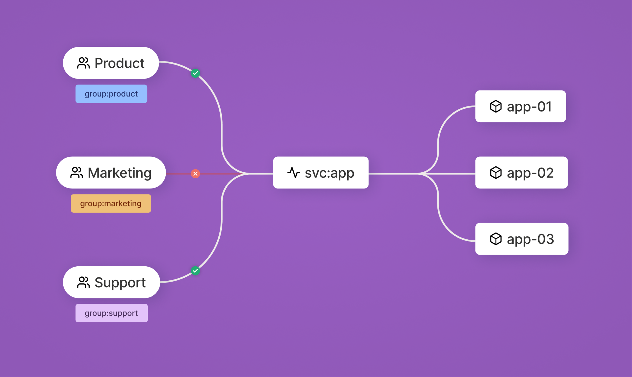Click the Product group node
click(x=111, y=63)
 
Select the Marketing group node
click(x=111, y=173)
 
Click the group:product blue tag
click(x=111, y=94)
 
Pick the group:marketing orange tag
click(x=111, y=204)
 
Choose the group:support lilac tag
click(x=112, y=313)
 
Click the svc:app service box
click(x=321, y=173)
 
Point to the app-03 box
click(x=522, y=239)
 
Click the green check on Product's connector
click(x=195, y=73)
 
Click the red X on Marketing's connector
click(x=195, y=174)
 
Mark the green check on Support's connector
click(x=195, y=271)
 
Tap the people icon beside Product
click(x=83, y=63)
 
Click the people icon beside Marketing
click(x=77, y=173)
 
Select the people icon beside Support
click(x=83, y=282)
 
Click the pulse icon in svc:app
click(x=294, y=173)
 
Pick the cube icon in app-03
click(x=496, y=239)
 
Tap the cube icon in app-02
click(x=496, y=173)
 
